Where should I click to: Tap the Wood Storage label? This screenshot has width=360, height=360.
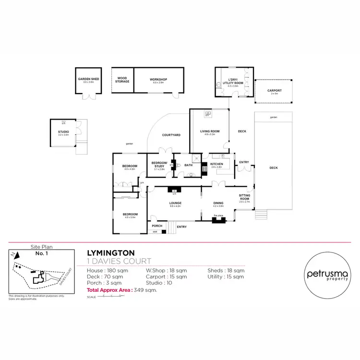122,80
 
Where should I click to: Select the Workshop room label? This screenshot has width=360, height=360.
158,80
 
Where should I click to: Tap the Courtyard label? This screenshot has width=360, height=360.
171,135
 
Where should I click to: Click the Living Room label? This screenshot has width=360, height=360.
210,131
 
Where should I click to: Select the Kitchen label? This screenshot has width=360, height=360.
217,165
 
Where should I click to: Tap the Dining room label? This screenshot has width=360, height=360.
218,203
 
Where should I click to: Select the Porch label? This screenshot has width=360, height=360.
156,226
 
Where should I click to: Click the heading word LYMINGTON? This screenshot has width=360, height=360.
110,252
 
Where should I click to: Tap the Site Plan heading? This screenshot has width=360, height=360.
41,246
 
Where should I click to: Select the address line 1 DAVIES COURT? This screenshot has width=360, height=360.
119,261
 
